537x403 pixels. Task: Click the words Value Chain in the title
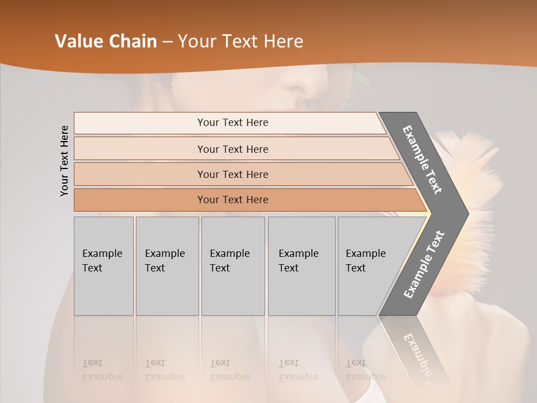[106, 41]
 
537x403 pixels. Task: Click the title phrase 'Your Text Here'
[241, 41]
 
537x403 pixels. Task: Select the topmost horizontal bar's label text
[233, 123]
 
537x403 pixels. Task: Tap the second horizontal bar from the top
[233, 149]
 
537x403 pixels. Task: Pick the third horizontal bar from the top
[233, 174]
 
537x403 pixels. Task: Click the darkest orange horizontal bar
[233, 200]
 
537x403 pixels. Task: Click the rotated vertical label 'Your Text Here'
[65, 161]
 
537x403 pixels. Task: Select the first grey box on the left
[103, 266]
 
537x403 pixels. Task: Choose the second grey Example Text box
[167, 266]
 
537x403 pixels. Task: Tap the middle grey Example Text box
[233, 266]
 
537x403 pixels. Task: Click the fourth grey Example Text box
[301, 266]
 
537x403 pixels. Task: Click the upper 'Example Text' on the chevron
[422, 160]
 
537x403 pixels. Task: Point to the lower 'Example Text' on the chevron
[424, 265]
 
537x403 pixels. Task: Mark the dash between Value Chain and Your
[167, 42]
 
